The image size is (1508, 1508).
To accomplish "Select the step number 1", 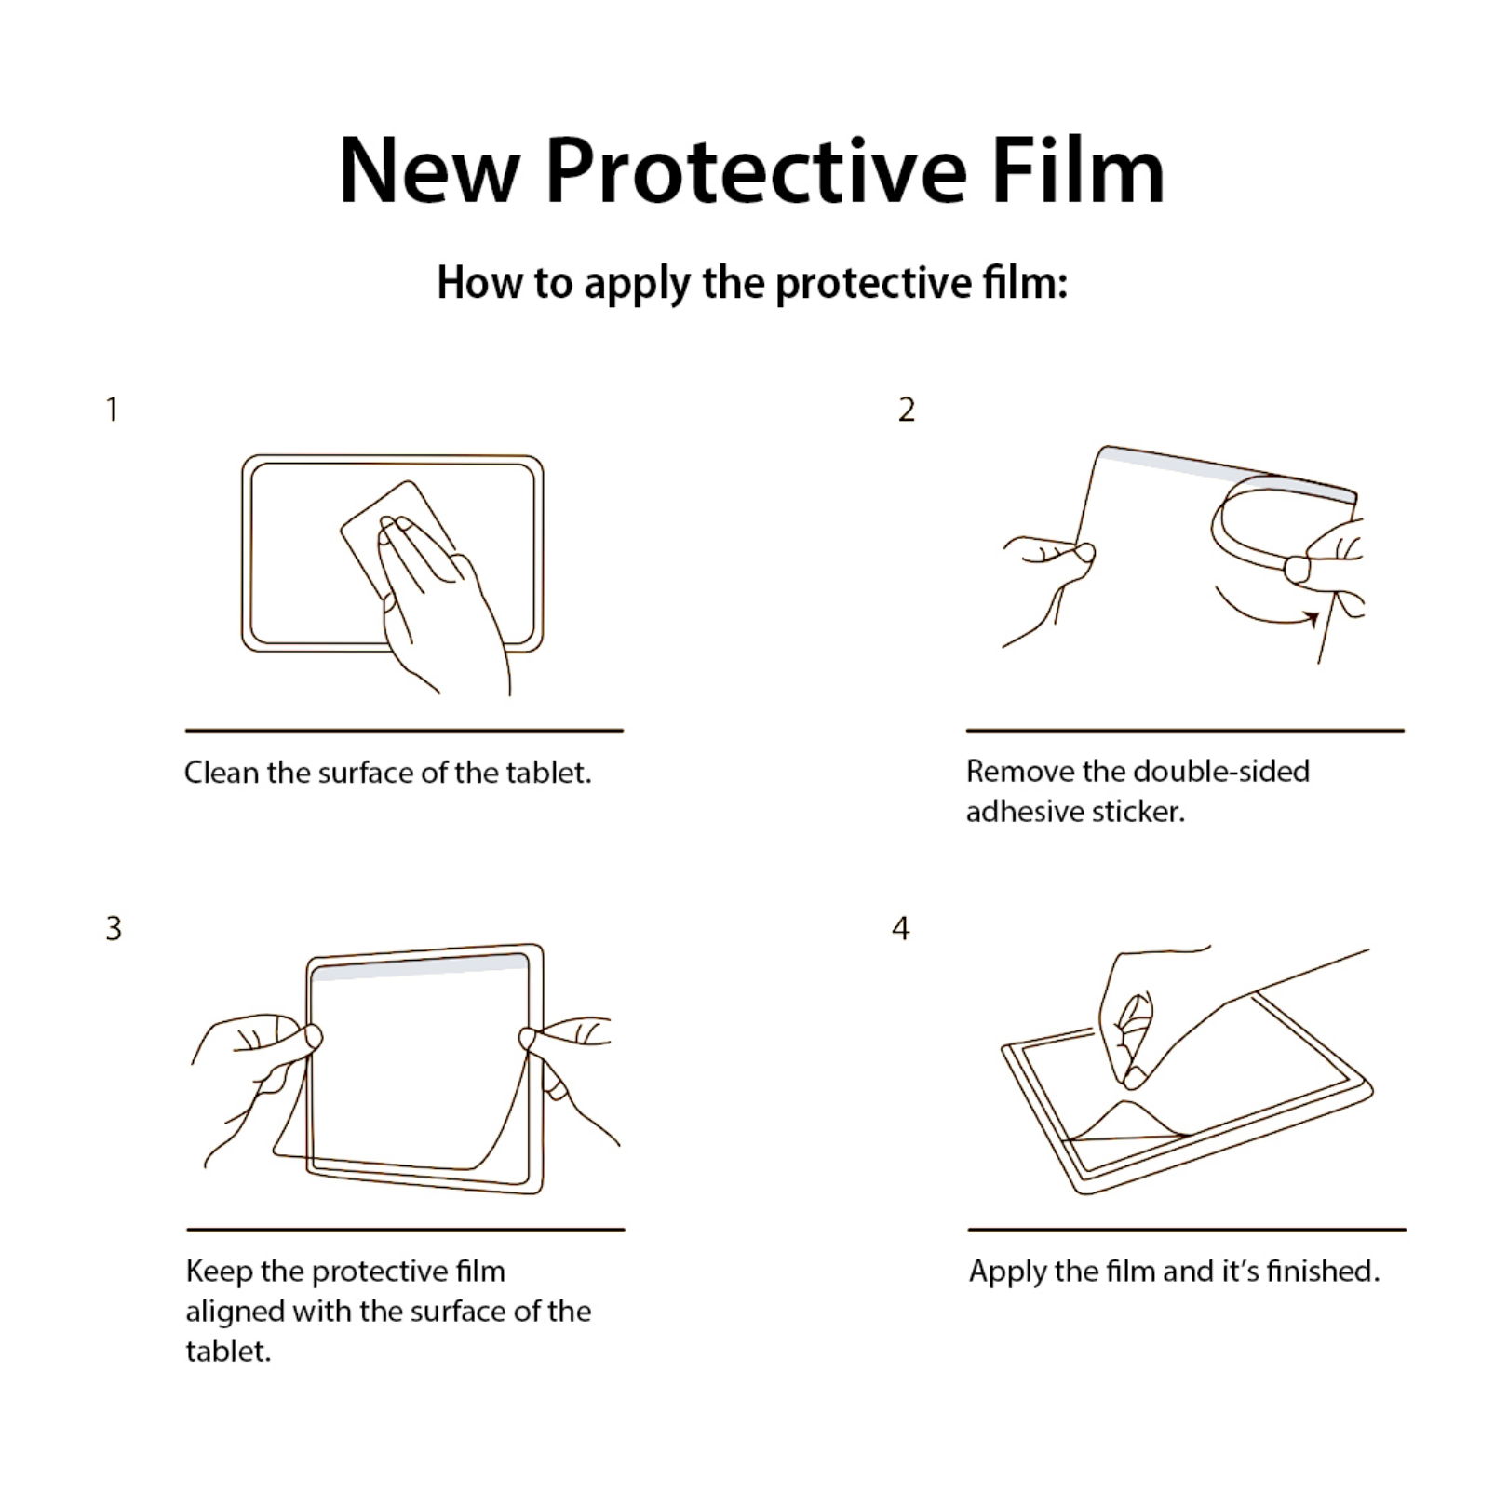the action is pyautogui.click(x=113, y=410).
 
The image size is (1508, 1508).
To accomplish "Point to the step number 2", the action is pyautogui.click(x=907, y=410).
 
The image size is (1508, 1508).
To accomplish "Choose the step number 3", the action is pyautogui.click(x=114, y=928).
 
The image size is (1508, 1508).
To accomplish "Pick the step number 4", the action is pyautogui.click(x=900, y=928).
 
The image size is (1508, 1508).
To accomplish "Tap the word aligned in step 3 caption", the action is pyautogui.click(x=236, y=1313).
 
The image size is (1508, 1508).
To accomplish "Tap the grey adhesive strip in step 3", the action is pyautogui.click(x=420, y=967).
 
